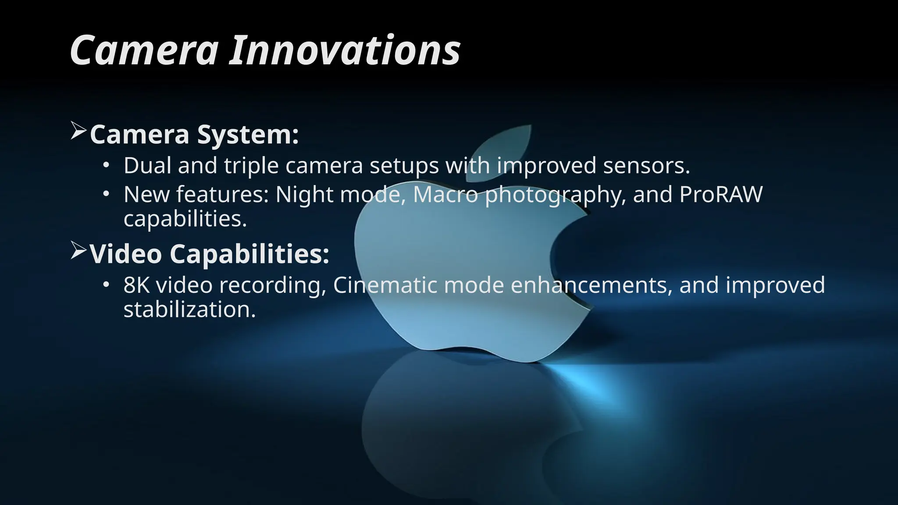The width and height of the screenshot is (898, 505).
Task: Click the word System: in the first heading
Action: [x=248, y=135]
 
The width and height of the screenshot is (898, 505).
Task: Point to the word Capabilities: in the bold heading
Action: [x=249, y=254]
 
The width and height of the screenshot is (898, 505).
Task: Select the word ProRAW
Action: [x=721, y=194]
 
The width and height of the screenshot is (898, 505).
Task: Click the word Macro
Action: [x=445, y=194]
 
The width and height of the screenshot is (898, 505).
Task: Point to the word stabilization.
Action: [x=189, y=309]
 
